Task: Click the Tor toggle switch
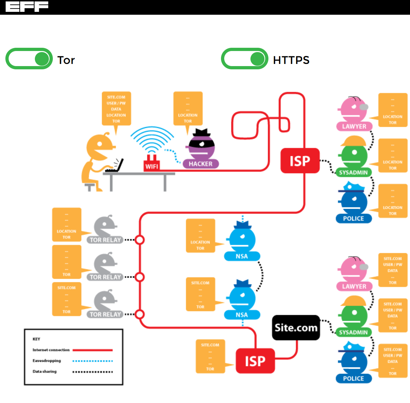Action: click(29, 59)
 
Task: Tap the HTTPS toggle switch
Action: click(245, 59)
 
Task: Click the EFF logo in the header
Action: click(27, 6)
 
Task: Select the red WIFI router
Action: click(152, 164)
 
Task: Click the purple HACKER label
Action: click(201, 164)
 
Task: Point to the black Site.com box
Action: click(296, 328)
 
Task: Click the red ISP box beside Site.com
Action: click(255, 361)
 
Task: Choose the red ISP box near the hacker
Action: click(300, 161)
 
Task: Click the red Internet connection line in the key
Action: click(92, 350)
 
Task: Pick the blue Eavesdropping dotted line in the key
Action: click(92, 361)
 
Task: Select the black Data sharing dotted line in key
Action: click(92, 372)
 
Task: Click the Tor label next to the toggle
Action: click(66, 60)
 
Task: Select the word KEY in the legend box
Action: click(36, 339)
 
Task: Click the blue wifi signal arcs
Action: click(152, 140)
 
